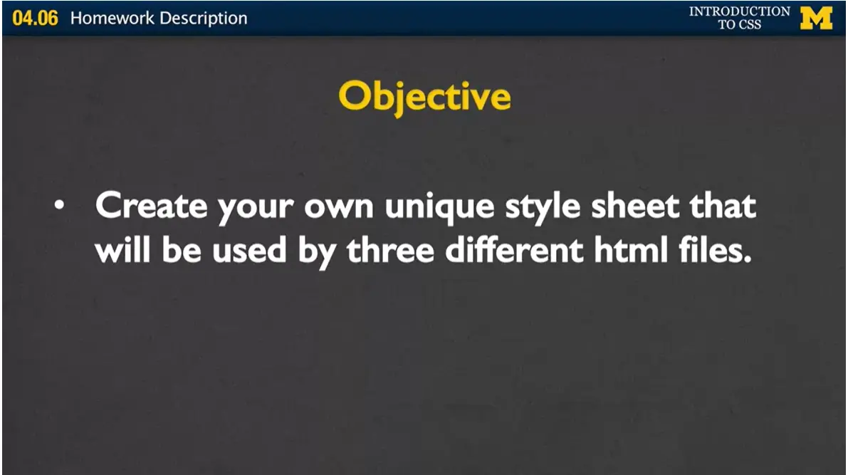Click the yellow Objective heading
coord(424,97)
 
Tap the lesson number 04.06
coord(35,18)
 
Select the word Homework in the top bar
coord(112,18)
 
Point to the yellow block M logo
coord(816,19)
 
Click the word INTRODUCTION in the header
coord(739,11)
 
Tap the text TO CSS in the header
coord(739,25)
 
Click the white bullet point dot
coord(61,207)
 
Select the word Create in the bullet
coord(151,206)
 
